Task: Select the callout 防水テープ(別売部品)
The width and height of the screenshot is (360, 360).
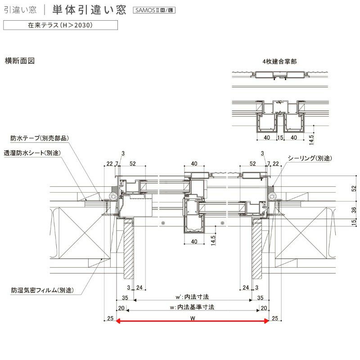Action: click(40, 138)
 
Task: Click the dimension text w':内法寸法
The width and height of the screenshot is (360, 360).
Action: click(193, 297)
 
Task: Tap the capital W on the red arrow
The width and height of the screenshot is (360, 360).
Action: click(192, 319)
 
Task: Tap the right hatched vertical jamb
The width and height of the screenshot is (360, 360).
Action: click(256, 250)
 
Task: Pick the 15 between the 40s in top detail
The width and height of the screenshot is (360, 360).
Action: click(280, 137)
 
